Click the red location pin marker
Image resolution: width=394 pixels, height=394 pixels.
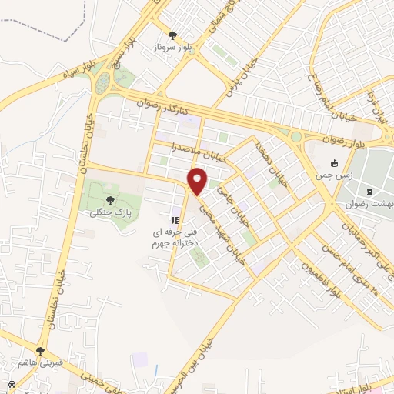198,181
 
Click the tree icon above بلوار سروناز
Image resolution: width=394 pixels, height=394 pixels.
172,35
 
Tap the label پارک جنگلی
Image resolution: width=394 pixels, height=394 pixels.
106,212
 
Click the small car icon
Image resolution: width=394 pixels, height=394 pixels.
12,384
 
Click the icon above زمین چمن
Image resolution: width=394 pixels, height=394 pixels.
335,163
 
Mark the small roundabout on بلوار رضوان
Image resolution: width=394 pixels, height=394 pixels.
296,136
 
